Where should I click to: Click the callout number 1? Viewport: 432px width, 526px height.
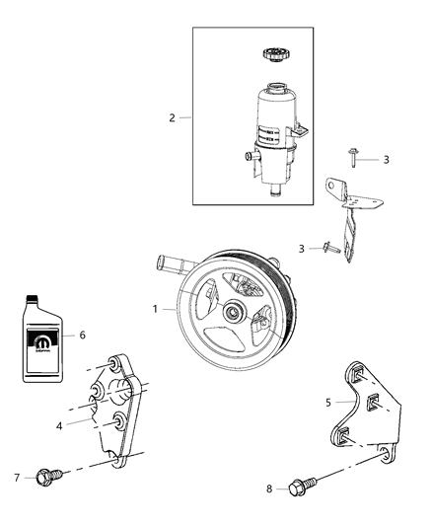pyautogui.click(x=154, y=309)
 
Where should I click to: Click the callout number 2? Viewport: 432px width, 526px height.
pyautogui.click(x=172, y=118)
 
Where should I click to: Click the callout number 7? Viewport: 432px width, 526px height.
pyautogui.click(x=16, y=479)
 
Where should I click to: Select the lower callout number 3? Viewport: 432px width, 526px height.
pyautogui.click(x=303, y=249)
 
